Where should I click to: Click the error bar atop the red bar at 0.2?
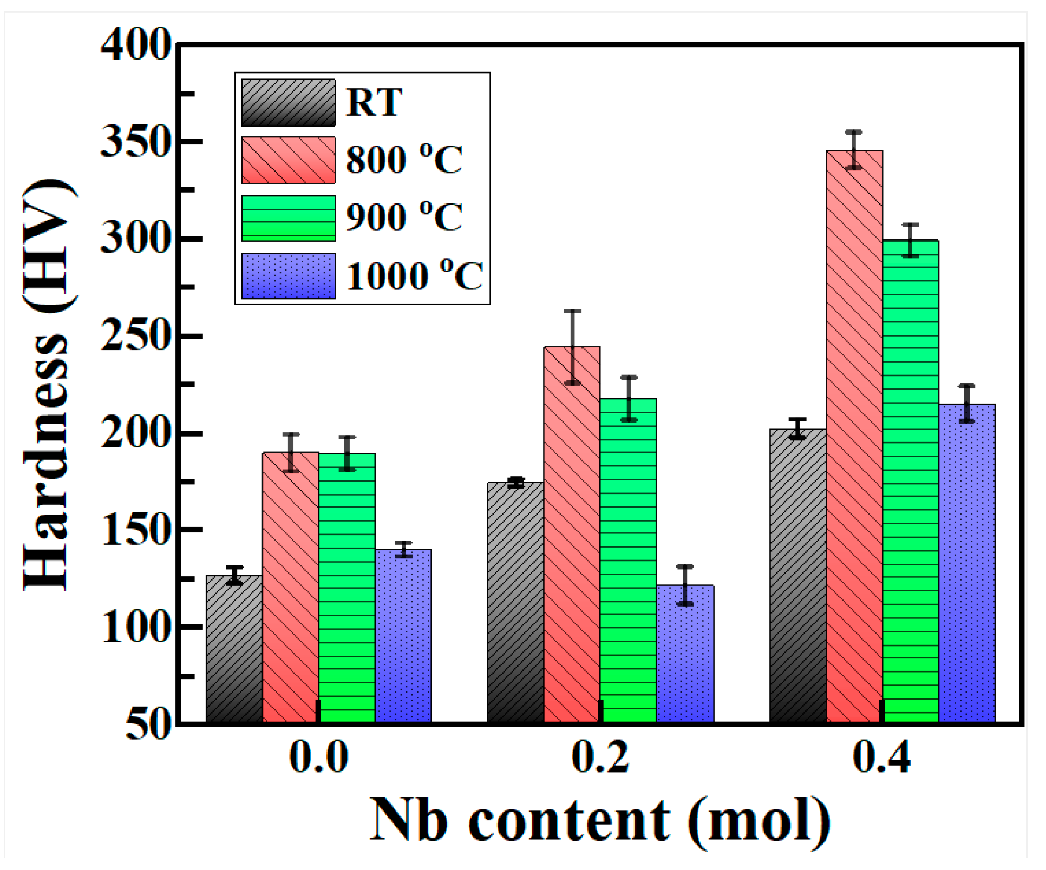(x=572, y=347)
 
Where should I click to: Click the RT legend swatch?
(x=288, y=103)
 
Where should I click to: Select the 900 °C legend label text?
(x=404, y=217)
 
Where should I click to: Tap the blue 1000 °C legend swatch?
(x=288, y=276)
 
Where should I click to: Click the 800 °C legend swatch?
(x=288, y=160)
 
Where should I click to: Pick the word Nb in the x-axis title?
(x=409, y=821)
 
